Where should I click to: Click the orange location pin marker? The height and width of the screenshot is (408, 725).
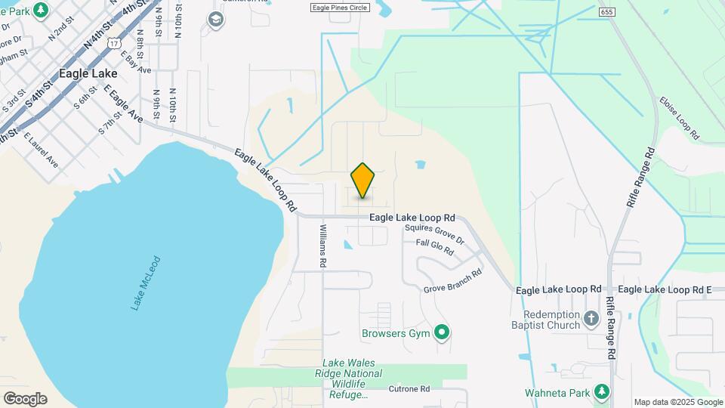pyautogui.click(x=363, y=181)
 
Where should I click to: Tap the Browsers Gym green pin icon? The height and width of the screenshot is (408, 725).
pyautogui.click(x=443, y=332)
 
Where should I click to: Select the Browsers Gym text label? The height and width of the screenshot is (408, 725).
pyautogui.click(x=395, y=333)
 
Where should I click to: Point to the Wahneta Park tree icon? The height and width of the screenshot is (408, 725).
pyautogui.click(x=601, y=391)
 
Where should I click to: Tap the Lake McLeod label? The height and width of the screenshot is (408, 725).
pyautogui.click(x=146, y=283)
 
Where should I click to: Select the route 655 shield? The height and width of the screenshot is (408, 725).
pyautogui.click(x=606, y=12)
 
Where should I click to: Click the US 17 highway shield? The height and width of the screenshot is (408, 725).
pyautogui.click(x=113, y=44)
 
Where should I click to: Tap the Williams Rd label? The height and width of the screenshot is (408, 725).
pyautogui.click(x=323, y=246)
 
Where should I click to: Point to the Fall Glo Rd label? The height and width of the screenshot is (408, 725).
pyautogui.click(x=435, y=247)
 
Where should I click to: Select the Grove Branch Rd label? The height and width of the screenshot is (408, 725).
pyautogui.click(x=452, y=280)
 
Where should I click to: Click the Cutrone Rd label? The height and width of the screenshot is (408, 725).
pyautogui.click(x=409, y=389)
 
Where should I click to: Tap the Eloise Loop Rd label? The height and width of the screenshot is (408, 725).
pyautogui.click(x=679, y=119)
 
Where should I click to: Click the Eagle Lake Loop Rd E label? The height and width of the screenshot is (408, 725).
pyautogui.click(x=665, y=289)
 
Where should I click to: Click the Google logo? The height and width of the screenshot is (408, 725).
pyautogui.click(x=25, y=398)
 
